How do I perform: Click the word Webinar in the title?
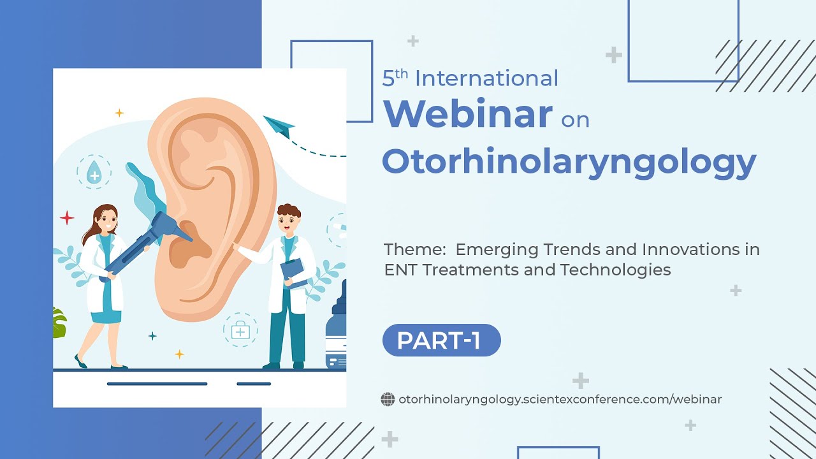(x=467, y=113)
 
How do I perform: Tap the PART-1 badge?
(x=441, y=340)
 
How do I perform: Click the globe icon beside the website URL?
(x=388, y=400)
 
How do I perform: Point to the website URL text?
(x=560, y=400)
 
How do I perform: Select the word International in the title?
(x=486, y=78)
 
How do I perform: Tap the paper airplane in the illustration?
(x=278, y=126)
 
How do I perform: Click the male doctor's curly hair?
(x=288, y=211)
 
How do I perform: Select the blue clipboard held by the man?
(x=293, y=273)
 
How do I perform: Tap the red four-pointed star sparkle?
(x=67, y=218)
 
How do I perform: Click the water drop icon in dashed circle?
(x=94, y=172)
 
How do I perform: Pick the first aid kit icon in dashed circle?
(x=240, y=330)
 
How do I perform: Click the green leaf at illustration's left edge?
(x=59, y=323)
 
